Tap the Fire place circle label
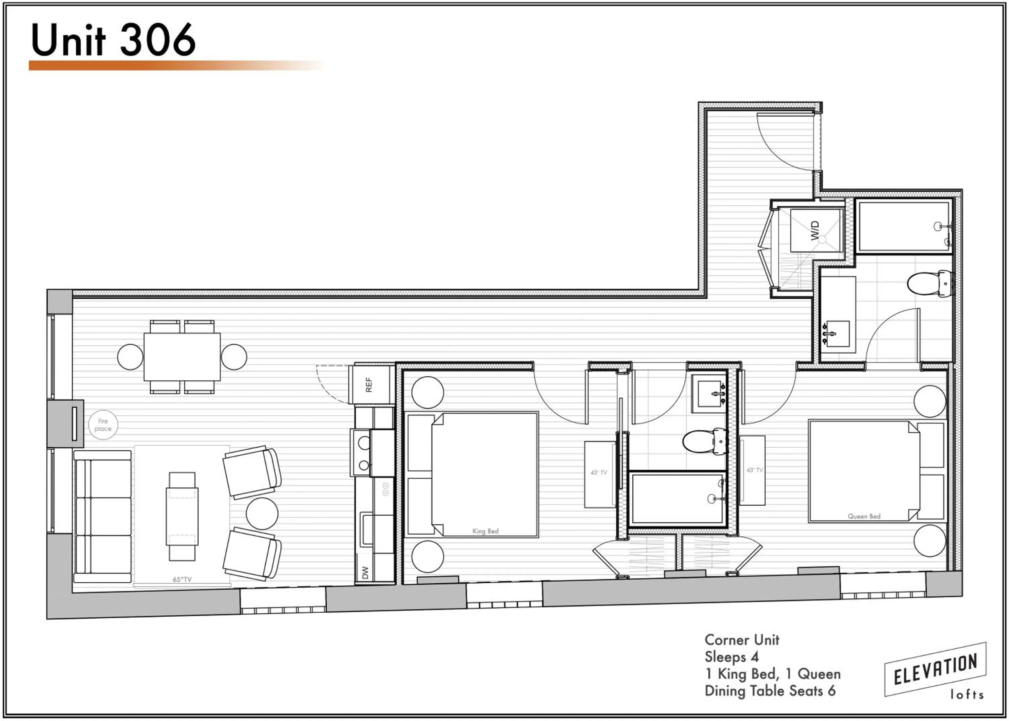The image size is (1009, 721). tap(103, 425)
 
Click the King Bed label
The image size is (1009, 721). tap(485, 531)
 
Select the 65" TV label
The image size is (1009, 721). tap(182, 579)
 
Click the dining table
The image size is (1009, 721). tap(182, 356)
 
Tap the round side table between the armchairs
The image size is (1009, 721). tap(262, 513)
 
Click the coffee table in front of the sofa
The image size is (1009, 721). tap(182, 516)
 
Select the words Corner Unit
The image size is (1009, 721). tap(742, 640)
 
